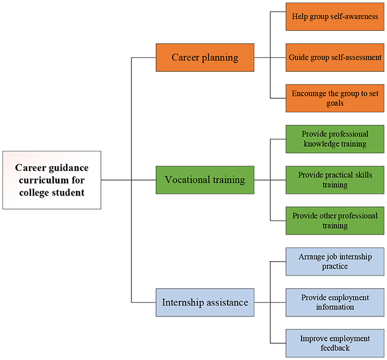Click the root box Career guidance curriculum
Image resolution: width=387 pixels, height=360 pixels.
[52, 180]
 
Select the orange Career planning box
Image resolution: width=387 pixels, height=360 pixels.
[204, 57]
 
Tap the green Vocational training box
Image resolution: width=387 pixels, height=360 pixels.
[204, 180]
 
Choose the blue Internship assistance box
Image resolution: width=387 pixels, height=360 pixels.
[204, 303]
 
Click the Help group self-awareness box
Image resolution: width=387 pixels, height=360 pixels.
[335, 16]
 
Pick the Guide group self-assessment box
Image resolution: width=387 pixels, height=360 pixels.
[335, 57]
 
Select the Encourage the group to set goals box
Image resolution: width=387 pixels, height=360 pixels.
[335, 98]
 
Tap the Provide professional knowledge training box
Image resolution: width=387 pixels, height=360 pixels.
[335, 139]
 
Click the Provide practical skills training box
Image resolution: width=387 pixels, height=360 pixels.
[335, 180]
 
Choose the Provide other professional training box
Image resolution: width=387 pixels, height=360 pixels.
[335, 221]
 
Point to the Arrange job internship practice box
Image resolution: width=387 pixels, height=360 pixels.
[335, 261]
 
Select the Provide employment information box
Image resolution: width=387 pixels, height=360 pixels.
[335, 302]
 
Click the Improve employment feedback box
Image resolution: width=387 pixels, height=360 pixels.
[335, 343]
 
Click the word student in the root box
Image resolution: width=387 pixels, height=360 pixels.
[70, 192]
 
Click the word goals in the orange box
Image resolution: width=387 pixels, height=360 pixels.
[335, 103]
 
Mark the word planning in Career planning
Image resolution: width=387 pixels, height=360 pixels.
[221, 57]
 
